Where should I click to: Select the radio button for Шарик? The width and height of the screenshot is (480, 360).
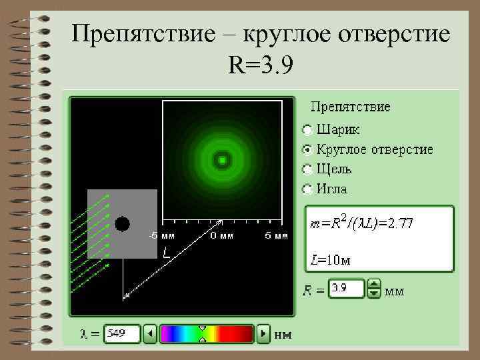point(307,129)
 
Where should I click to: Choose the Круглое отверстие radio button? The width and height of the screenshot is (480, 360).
point(307,149)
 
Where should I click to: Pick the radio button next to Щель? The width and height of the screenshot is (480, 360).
point(307,169)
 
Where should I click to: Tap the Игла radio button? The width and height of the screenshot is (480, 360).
point(307,189)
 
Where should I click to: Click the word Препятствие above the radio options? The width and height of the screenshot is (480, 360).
point(351,107)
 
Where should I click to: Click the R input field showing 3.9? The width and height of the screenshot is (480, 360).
point(347,289)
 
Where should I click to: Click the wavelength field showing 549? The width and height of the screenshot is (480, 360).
point(122,333)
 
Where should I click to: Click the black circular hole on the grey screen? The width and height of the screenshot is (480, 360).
point(122,224)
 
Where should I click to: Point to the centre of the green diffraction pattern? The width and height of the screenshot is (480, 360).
point(221,160)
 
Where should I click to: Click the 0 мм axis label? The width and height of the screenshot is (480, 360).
point(221,235)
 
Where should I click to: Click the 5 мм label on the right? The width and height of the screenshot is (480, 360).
point(277,235)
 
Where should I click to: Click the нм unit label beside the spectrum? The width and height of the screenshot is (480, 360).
point(283,333)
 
